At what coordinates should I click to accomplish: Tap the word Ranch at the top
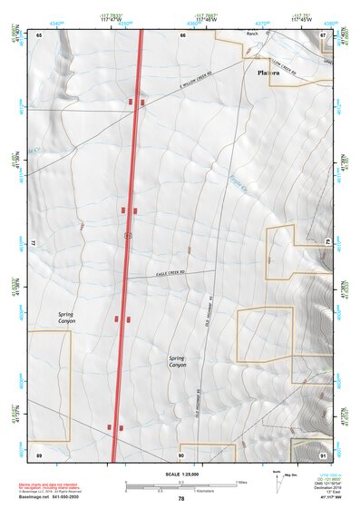pyautogui.click(x=252, y=34)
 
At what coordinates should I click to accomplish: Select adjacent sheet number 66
pyautogui.click(x=182, y=34)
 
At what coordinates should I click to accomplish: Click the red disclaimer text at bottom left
pyautogui.click(x=54, y=487)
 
